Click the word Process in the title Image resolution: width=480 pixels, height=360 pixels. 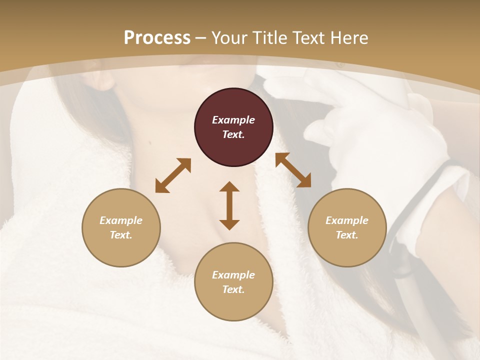157,38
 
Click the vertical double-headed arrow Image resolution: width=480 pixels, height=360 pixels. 229,205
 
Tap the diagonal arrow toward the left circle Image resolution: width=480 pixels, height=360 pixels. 173,175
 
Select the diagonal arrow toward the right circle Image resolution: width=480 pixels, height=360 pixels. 293,170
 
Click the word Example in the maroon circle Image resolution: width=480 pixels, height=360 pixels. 233,120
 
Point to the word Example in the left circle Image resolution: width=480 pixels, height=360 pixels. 121,220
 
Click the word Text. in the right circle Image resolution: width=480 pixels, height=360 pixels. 347,235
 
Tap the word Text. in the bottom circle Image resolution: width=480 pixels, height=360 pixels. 233,289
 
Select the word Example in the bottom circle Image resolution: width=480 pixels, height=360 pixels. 233,275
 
